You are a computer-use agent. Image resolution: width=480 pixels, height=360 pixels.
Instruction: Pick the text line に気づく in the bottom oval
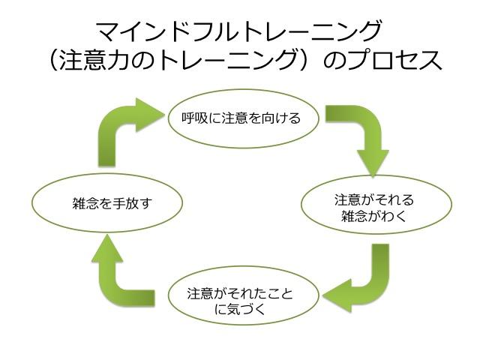tap(239, 308)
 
